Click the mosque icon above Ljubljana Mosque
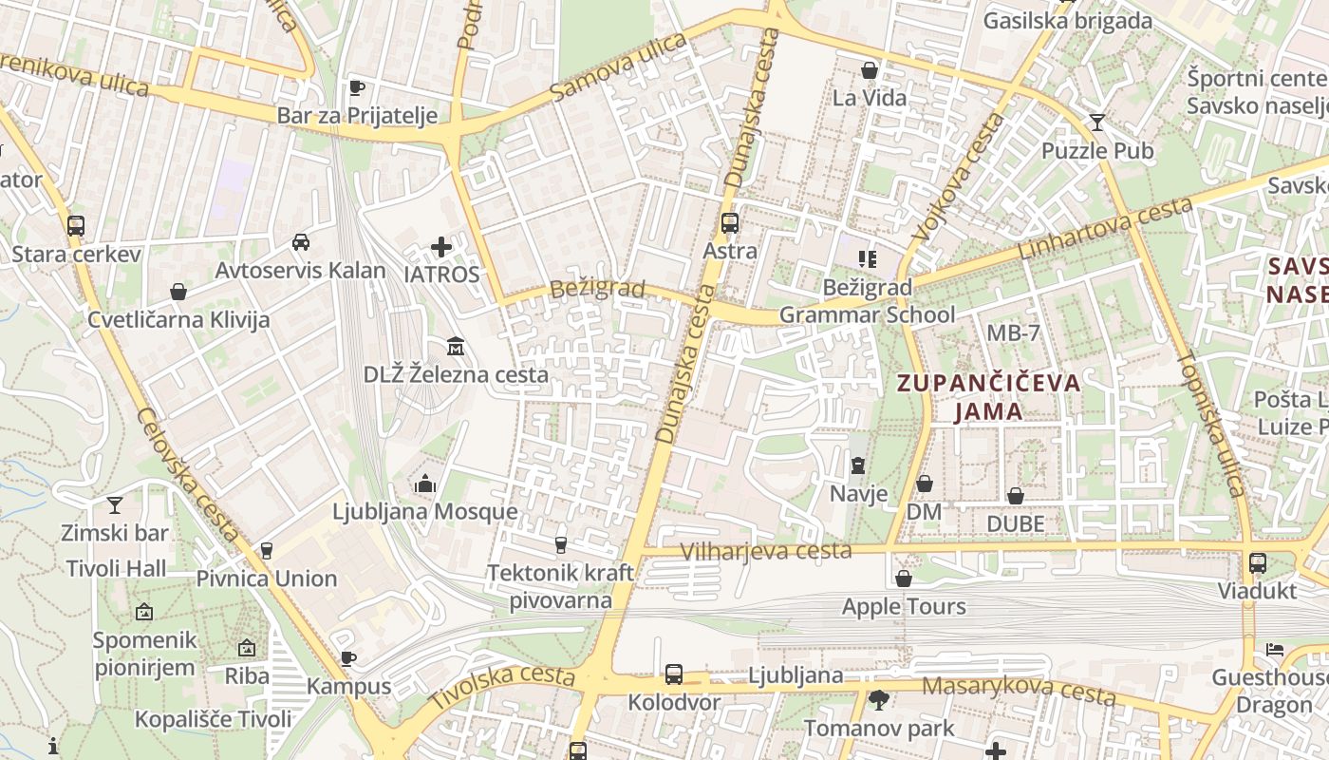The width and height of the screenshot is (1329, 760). click(425, 484)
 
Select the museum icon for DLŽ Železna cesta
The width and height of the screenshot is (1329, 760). click(456, 347)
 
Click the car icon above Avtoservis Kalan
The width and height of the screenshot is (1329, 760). click(301, 242)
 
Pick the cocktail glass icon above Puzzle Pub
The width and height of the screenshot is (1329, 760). click(1097, 123)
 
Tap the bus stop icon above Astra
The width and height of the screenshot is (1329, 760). click(730, 223)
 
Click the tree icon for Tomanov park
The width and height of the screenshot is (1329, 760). click(879, 701)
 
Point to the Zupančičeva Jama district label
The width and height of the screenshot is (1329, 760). click(989, 397)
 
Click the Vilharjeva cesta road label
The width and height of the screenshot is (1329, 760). click(766, 551)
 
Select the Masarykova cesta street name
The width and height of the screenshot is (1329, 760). click(1019, 690)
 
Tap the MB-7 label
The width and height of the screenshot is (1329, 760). click(1013, 333)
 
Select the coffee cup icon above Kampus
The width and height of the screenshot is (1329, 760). click(348, 658)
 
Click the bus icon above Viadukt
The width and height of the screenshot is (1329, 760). click(1258, 563)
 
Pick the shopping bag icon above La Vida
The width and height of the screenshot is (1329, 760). click(870, 70)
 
